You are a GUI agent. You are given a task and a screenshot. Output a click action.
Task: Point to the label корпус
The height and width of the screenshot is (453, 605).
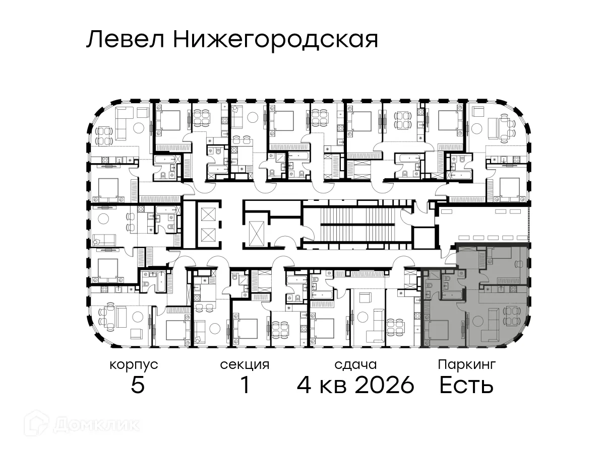(x=134, y=365)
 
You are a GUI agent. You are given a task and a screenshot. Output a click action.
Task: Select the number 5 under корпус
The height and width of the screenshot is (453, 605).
(x=138, y=386)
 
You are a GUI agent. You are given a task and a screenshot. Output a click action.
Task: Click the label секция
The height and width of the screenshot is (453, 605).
(x=245, y=365)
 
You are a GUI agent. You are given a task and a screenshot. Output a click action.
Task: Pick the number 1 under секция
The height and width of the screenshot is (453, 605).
(x=245, y=386)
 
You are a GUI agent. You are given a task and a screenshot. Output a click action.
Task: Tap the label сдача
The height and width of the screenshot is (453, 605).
(x=355, y=365)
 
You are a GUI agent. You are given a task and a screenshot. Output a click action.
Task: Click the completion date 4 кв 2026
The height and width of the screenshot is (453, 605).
(x=355, y=386)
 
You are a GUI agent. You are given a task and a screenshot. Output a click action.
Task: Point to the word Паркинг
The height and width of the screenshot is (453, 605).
(x=467, y=364)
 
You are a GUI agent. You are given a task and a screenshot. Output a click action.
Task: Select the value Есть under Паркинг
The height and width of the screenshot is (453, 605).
(x=466, y=386)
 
